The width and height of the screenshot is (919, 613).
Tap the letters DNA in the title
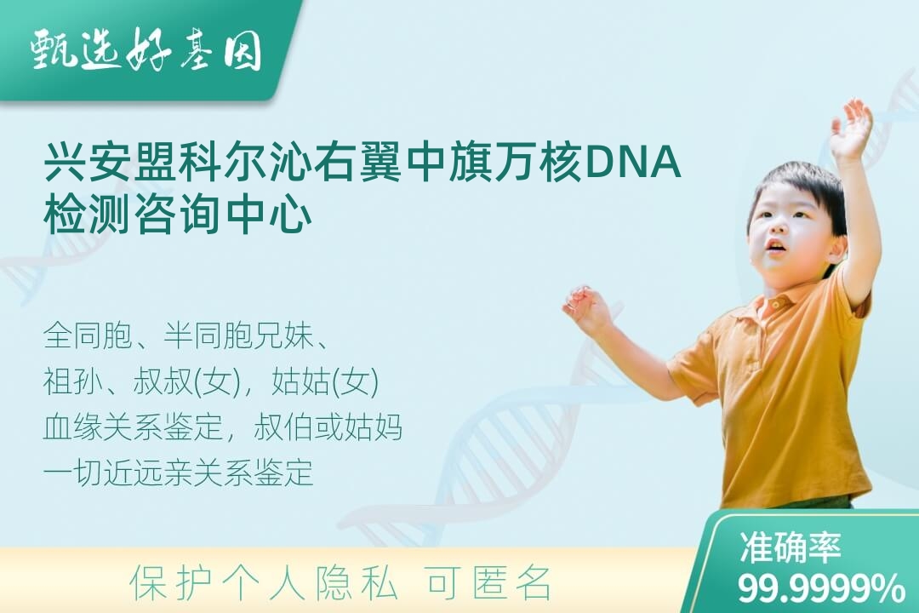pos(632,163)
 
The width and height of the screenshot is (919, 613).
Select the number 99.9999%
pos(820,587)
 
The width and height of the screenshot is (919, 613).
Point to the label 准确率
pos(790,547)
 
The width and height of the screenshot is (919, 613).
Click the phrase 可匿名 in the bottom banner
pos(488,584)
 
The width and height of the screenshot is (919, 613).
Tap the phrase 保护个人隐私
pos(263,584)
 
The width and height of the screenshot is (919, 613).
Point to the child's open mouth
pos(775,246)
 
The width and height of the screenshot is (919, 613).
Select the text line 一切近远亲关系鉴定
pos(178,473)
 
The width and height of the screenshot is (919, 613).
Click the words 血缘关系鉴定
pos(133,427)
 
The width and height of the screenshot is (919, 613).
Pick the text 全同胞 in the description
pos(88,336)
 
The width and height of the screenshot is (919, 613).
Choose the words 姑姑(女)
pos(325,382)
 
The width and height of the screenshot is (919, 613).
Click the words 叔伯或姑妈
pos(328,427)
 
